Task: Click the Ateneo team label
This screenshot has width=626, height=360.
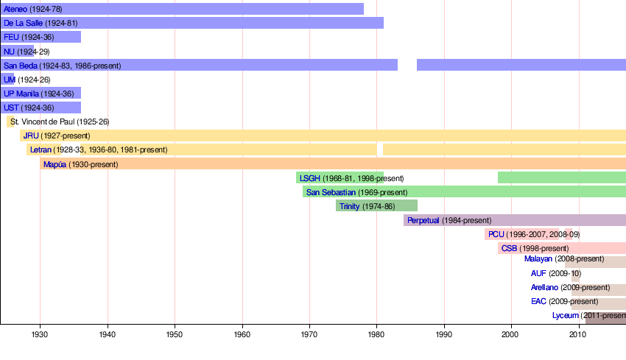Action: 15,9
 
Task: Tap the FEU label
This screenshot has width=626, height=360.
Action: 11,37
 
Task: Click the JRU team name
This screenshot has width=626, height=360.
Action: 31,135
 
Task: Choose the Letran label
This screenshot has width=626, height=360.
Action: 41,149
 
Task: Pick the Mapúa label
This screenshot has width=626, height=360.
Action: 54,164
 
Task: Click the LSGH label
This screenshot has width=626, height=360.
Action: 310,178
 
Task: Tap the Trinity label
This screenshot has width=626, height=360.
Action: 350,206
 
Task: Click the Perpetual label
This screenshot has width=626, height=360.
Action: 423,220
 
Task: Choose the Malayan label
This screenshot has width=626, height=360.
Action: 538,259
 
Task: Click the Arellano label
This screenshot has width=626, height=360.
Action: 544,287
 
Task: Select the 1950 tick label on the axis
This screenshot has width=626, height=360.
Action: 175,335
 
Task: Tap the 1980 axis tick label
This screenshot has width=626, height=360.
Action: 376,335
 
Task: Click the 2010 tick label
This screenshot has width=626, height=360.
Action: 578,335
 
